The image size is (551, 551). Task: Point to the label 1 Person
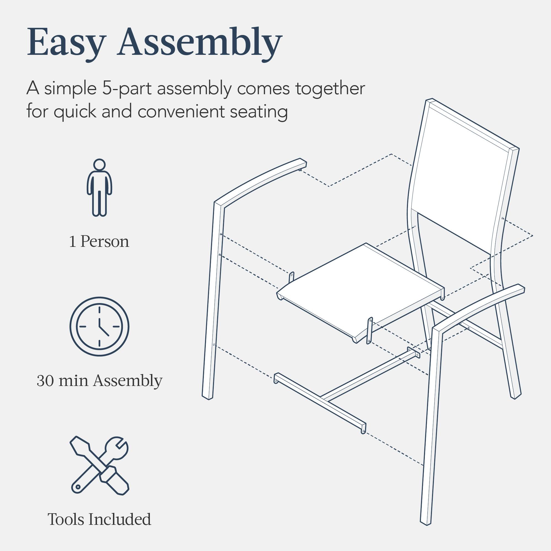click(x=99, y=242)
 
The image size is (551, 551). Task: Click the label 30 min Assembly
click(x=99, y=380)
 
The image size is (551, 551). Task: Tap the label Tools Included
click(x=99, y=519)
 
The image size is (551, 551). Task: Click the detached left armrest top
click(x=260, y=178)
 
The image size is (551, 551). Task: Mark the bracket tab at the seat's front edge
click(x=370, y=331)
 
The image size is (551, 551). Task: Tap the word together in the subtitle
click(x=330, y=89)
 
